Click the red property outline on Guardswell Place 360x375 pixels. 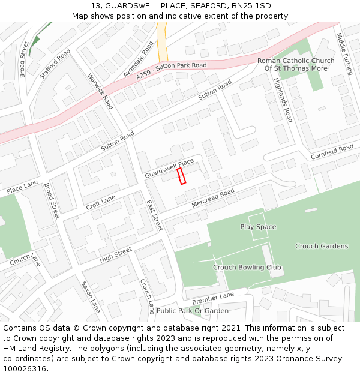coord(182,176)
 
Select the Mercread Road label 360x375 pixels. coord(213,198)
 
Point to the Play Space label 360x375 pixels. coord(258,227)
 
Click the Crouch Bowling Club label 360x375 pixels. coord(247,267)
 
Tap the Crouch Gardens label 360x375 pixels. coord(321,246)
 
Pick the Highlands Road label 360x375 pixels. coord(283,100)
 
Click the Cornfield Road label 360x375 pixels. coord(332,152)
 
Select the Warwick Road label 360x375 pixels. coord(100,91)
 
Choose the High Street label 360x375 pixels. coord(115,254)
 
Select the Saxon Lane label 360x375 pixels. coord(91,296)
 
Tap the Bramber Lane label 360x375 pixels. coord(212,298)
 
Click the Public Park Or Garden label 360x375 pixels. coord(193,311)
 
